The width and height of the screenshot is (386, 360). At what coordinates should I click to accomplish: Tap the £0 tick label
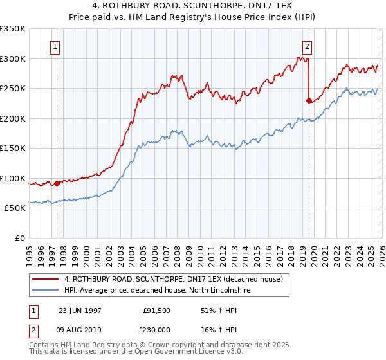click(x=19, y=238)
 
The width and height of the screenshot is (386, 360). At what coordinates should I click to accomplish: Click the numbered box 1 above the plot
click(x=55, y=46)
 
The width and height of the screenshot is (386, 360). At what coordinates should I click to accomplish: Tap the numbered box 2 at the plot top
click(x=308, y=46)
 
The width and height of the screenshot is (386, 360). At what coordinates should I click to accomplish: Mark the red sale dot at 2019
click(x=309, y=100)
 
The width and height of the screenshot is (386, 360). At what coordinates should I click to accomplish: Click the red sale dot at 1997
click(x=57, y=183)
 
